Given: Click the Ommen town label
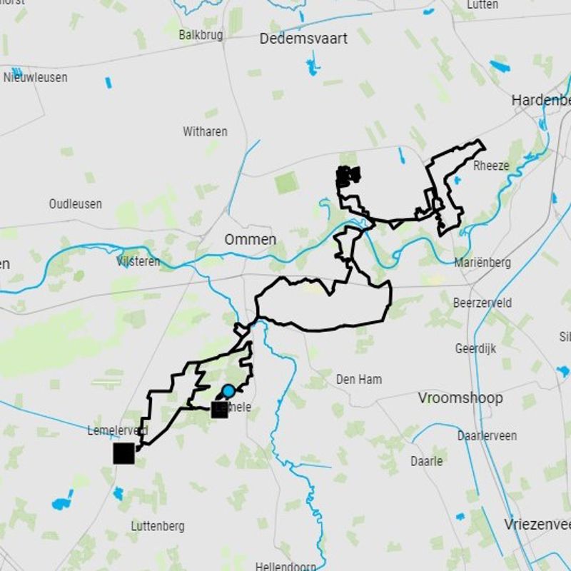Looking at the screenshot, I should coord(250,240).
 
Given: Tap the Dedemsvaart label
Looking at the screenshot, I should coord(303,39).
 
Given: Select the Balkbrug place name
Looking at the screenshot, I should coord(201,34).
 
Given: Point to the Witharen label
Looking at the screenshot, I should coord(205,131).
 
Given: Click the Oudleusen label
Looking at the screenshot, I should coord(75,204).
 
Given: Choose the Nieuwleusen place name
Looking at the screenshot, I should coord(36,77).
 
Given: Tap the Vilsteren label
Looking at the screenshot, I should coord(138,262).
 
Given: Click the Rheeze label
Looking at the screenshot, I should coord(491,166).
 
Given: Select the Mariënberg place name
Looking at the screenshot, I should coord(482,263).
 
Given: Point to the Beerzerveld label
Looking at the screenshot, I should coord(482,303).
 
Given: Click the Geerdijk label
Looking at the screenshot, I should coord(475,349).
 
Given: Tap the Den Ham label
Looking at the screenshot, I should coord(358,380).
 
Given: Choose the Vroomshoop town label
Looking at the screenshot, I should coord(460,398).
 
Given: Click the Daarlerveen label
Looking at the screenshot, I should coord(487,435).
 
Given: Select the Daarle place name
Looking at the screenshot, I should coord(426,461).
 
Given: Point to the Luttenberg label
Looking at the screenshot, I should coord(158,526).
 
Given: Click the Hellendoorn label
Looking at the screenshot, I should coord(285,566).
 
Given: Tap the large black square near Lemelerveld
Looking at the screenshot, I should coord(123,453).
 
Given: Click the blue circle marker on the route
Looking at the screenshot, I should coord(228,391).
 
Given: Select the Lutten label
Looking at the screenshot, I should coord(482,5).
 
